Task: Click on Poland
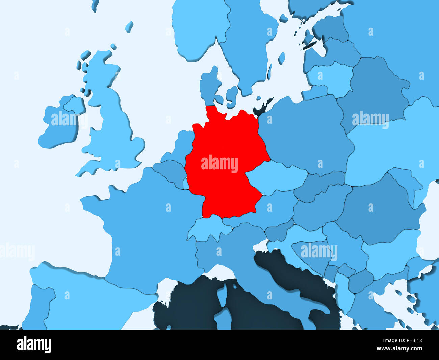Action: [x=304, y=135]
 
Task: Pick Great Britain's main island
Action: [x=111, y=125]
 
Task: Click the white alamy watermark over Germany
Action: [x=219, y=164]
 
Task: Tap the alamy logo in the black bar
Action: [x=34, y=344]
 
